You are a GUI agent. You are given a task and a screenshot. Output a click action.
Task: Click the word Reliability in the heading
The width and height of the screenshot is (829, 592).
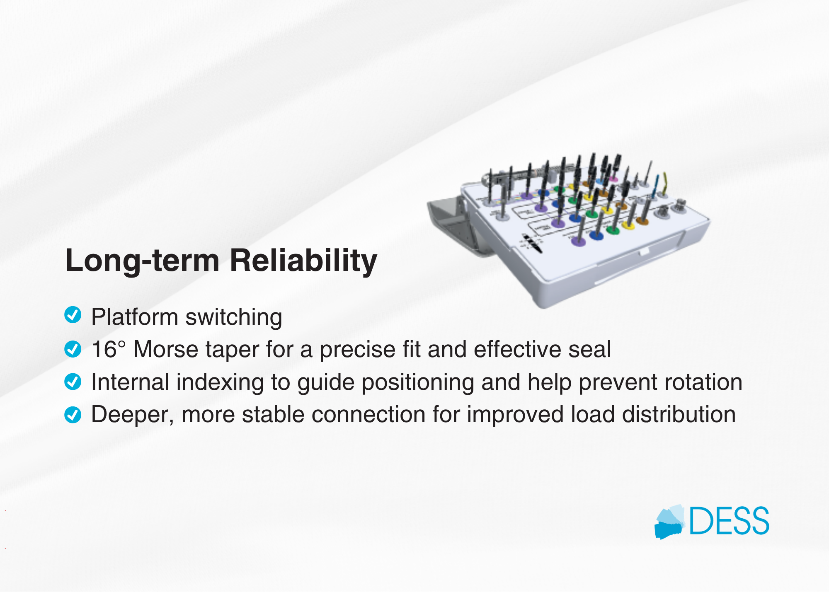click(x=303, y=261)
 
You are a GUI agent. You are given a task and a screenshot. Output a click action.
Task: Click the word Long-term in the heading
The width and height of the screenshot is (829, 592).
click(x=143, y=261)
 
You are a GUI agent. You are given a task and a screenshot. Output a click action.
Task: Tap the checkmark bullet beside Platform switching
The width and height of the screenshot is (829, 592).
click(x=73, y=315)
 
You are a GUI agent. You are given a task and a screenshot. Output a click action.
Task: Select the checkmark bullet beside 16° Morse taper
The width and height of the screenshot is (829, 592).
click(x=73, y=349)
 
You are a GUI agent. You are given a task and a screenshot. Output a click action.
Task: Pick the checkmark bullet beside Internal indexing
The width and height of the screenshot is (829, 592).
click(x=73, y=382)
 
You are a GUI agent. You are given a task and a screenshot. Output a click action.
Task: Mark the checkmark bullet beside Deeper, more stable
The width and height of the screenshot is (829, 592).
click(x=73, y=414)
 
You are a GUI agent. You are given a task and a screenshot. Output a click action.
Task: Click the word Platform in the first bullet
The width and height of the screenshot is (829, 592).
click(x=135, y=317)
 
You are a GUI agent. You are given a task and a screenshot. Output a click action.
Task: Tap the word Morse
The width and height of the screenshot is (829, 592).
click(x=166, y=349)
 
